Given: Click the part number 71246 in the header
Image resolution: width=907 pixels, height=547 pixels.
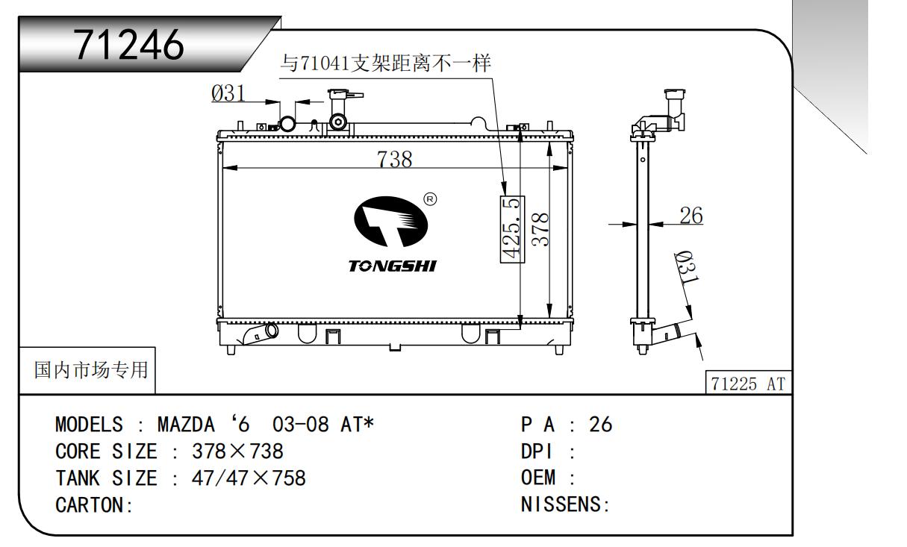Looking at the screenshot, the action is pyautogui.click(x=128, y=45).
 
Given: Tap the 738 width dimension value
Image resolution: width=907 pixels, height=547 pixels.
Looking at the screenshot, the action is pyautogui.click(x=394, y=159).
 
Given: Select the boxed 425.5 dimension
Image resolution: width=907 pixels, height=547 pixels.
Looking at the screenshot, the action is pyautogui.click(x=512, y=229).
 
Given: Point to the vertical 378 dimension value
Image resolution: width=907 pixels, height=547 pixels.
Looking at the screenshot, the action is pyautogui.click(x=540, y=230).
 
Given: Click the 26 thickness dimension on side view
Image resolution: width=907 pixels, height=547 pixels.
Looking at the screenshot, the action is pyautogui.click(x=691, y=215).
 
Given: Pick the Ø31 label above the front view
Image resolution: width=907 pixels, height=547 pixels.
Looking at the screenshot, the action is pyautogui.click(x=228, y=93).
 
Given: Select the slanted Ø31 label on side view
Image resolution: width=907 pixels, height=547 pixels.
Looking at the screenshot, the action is pyautogui.click(x=687, y=267).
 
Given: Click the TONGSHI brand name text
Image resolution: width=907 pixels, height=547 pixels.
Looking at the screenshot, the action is pyautogui.click(x=393, y=266).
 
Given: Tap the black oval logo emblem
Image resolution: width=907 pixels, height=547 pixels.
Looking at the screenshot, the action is pyautogui.click(x=390, y=221).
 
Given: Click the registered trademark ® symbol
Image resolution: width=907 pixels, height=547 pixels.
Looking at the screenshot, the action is pyautogui.click(x=430, y=199).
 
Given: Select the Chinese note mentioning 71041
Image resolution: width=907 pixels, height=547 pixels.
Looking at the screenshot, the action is pyautogui.click(x=385, y=63).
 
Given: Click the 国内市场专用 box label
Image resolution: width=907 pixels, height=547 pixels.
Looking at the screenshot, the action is pyautogui.click(x=91, y=370).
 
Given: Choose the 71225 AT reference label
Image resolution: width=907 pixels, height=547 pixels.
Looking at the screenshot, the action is pyautogui.click(x=748, y=384).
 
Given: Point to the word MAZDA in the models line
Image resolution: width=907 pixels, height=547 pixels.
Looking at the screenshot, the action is pyautogui.click(x=186, y=425).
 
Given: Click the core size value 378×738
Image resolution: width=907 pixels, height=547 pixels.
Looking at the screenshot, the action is pyautogui.click(x=237, y=451).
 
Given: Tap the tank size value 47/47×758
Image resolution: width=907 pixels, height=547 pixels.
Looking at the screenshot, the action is pyautogui.click(x=249, y=478).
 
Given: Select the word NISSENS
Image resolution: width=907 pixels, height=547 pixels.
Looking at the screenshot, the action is pyautogui.click(x=561, y=504).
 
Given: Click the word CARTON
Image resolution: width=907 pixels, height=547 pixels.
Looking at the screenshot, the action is pyautogui.click(x=89, y=505).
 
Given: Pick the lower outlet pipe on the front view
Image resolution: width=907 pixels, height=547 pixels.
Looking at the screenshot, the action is pyautogui.click(x=260, y=334).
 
